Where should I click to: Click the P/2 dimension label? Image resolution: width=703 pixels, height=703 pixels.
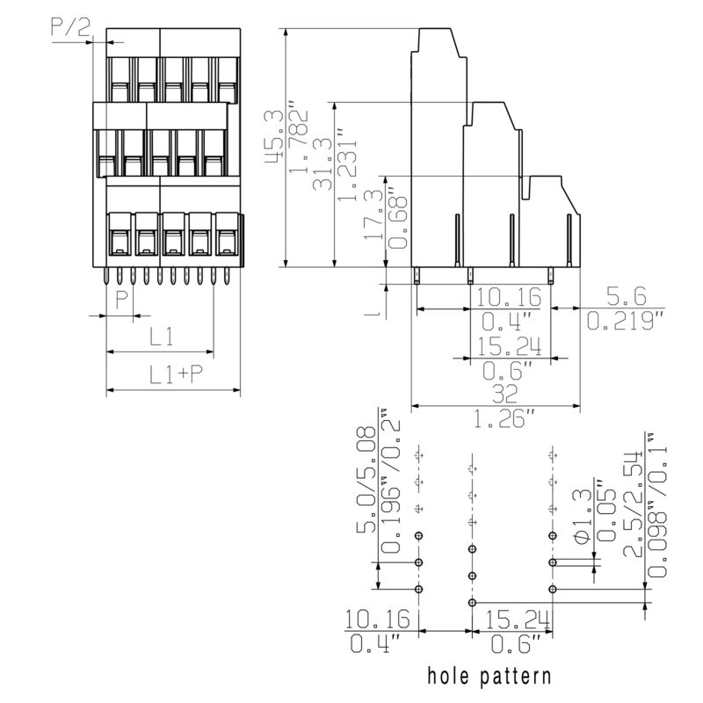click(x=71, y=26)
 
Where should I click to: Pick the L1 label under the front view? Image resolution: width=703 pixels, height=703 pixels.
click(x=160, y=336)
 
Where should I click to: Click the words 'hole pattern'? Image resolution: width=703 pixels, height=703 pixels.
click(x=489, y=676)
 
